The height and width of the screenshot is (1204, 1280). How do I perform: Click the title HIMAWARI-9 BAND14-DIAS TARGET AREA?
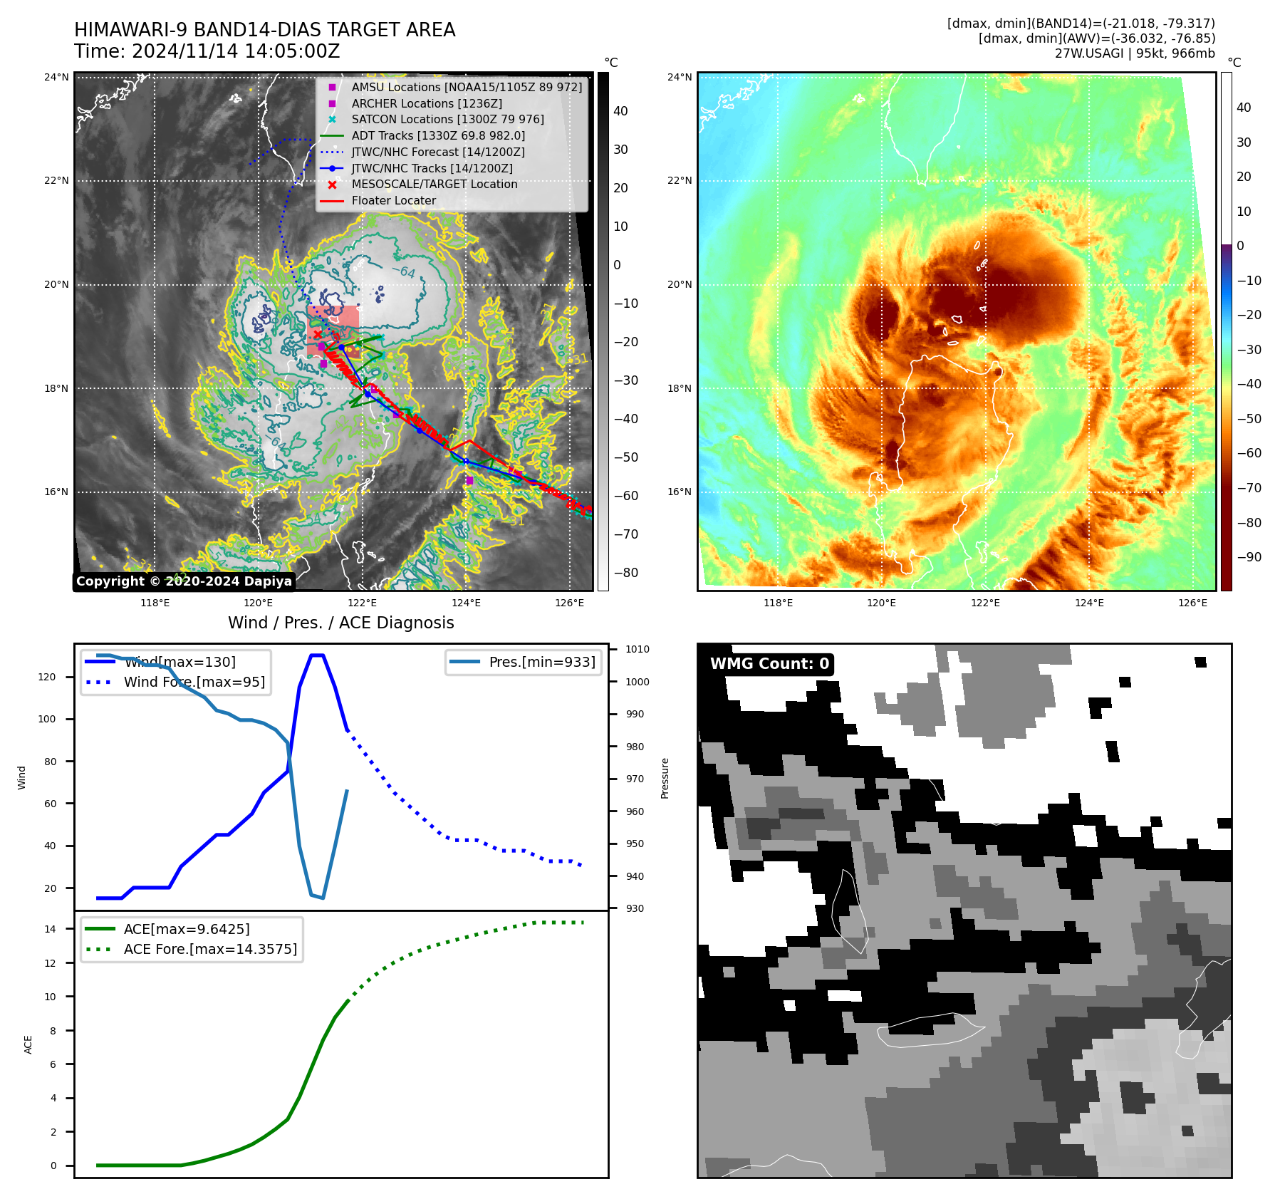(264, 30)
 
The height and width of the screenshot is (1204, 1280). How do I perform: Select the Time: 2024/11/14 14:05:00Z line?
(207, 52)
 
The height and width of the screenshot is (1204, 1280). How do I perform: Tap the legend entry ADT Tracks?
(437, 135)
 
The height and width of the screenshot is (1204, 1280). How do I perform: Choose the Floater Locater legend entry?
(393, 201)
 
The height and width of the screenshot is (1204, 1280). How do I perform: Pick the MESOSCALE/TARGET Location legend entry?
(434, 185)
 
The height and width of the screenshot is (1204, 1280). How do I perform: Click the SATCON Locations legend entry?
(447, 120)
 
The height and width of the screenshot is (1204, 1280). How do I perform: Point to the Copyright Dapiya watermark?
(184, 581)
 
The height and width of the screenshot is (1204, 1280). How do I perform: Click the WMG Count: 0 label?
(769, 664)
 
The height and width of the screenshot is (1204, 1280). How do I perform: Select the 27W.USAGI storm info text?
(1135, 53)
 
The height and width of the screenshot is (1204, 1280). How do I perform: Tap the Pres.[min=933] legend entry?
(541, 662)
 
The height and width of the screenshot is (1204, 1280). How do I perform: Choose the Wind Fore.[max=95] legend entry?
(194, 682)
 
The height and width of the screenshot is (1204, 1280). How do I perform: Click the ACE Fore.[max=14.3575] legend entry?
(210, 949)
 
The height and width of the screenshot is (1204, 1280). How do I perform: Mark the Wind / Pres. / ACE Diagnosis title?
(340, 623)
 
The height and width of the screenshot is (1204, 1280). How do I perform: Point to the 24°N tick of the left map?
(56, 77)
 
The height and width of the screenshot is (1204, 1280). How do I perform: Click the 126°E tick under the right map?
(1192, 603)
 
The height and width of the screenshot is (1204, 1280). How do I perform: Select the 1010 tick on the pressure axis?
(637, 649)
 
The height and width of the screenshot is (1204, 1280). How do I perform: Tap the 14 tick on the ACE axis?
(51, 929)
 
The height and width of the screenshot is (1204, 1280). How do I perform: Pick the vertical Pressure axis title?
(665, 778)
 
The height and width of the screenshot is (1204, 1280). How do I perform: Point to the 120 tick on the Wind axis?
(47, 677)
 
